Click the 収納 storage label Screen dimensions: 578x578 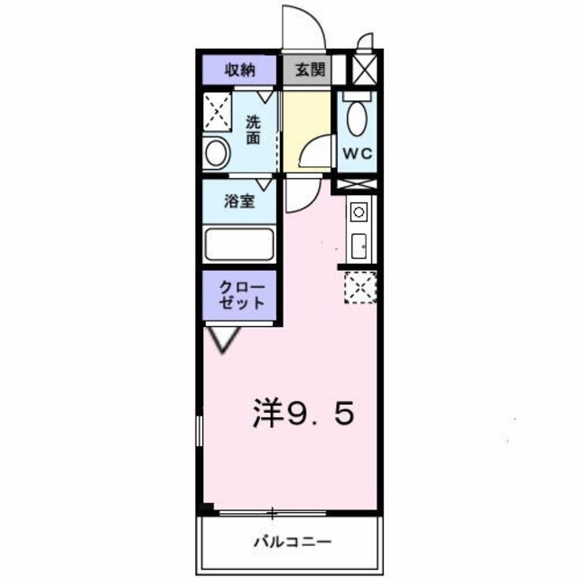(x=238, y=70)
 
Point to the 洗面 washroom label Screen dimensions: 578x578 (x=254, y=131)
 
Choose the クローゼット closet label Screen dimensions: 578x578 (x=239, y=294)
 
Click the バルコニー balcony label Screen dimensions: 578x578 (x=291, y=544)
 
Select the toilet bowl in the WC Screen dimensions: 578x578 (x=356, y=117)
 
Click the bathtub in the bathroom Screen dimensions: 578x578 (x=239, y=245)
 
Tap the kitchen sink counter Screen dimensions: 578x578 (x=358, y=231)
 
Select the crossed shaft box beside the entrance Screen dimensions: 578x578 (x=362, y=69)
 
